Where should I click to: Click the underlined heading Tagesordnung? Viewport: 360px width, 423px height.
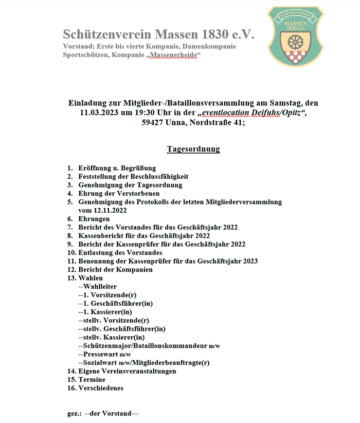(x=193, y=149)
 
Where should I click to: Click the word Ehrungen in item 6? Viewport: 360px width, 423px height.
(x=94, y=218)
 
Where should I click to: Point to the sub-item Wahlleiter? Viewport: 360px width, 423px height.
(x=100, y=286)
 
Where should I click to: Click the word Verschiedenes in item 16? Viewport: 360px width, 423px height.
(x=101, y=388)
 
